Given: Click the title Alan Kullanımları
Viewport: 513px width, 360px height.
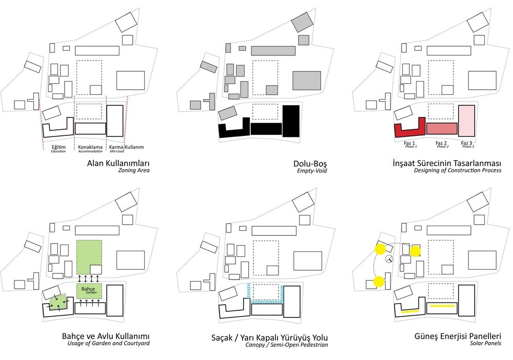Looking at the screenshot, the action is point(118,163).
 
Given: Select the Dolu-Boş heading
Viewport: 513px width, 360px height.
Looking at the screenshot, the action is point(310,164).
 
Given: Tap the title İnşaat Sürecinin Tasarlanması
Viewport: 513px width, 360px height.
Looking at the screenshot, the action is point(447,163).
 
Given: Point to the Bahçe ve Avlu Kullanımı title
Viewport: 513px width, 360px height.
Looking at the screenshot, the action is point(106,336).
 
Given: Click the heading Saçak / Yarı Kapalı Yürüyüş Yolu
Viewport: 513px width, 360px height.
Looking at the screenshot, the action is point(270,338).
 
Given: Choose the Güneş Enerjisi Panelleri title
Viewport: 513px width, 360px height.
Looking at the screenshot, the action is point(458,336).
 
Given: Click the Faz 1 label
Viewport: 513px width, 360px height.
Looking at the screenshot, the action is point(409,143).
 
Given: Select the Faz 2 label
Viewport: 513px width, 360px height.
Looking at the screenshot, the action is point(441,143).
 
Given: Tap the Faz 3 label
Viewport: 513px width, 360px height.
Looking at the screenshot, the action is point(466,143).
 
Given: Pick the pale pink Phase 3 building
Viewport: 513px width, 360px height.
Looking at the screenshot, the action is point(466,121).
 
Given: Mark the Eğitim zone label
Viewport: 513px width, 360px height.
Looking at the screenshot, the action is point(58,147).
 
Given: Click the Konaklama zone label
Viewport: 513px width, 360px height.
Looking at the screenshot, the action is point(90,147).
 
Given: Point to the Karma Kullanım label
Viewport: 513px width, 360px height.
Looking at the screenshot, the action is point(126,147).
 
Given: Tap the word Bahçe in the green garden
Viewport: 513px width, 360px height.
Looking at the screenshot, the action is point(88,289).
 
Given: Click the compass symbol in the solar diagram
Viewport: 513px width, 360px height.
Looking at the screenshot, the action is point(389,258).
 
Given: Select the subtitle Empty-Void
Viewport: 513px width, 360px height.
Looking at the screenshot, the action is point(312,171).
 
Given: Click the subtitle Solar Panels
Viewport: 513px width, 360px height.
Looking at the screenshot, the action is point(486,343).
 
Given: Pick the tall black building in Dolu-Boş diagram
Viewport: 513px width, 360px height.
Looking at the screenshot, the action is point(291,121).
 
